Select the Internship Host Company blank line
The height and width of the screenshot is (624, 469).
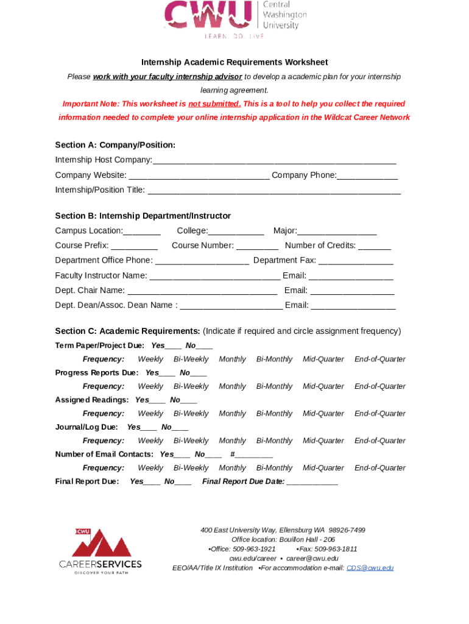point(274,160)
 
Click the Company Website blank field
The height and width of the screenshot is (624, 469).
point(199,176)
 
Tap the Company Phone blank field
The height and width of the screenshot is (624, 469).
point(367,176)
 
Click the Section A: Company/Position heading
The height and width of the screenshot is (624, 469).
point(115,145)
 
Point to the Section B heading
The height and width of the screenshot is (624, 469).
point(143,216)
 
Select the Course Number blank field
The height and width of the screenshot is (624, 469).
point(257,246)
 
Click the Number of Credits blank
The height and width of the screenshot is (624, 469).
point(375,246)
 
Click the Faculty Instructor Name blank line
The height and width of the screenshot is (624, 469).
point(214,276)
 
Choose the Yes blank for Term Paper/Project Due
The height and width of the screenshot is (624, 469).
point(173,346)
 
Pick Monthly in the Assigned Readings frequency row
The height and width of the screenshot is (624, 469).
point(232,414)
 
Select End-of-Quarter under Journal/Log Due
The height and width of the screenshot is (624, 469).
point(379,441)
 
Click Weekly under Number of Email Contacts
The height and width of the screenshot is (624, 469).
point(150,469)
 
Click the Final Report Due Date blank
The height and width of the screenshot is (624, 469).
point(312,483)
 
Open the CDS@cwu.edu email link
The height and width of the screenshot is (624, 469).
point(370,568)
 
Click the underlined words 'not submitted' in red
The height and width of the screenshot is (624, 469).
point(214,104)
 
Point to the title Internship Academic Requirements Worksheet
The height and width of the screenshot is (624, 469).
point(234,62)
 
